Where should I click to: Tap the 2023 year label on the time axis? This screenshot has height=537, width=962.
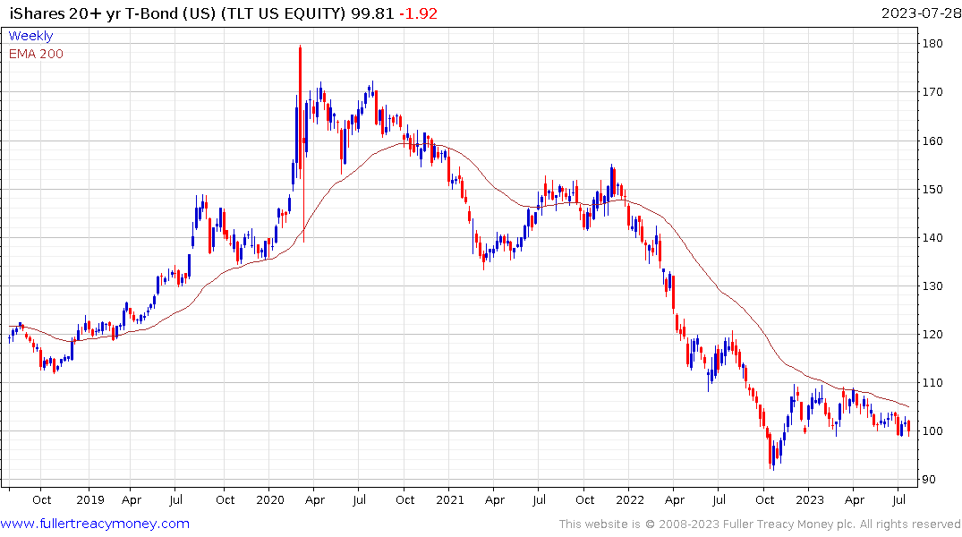(x=810, y=499)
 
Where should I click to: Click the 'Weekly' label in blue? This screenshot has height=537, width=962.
(x=30, y=36)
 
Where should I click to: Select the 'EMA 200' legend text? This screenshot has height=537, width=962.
(x=36, y=54)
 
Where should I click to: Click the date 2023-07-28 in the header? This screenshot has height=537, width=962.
(x=919, y=13)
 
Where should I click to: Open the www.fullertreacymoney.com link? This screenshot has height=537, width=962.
(x=95, y=524)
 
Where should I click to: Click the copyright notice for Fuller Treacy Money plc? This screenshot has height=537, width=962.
(x=760, y=524)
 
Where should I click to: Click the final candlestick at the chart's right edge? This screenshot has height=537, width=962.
(x=908, y=428)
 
